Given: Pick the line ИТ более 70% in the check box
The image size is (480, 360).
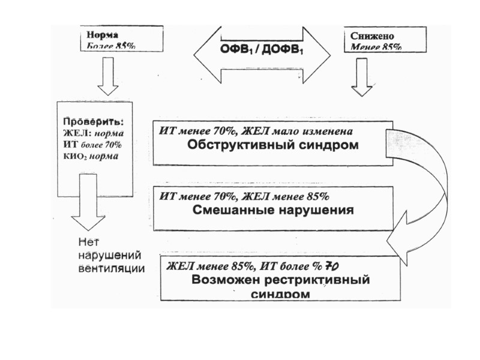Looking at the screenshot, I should pos(92,145).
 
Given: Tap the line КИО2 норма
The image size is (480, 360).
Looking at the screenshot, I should pos(91,156).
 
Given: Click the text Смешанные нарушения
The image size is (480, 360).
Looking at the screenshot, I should pos(274,211).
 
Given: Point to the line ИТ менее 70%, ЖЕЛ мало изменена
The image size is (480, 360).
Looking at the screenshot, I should pos(256,131).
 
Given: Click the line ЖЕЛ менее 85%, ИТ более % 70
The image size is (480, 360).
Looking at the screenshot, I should pos(256,266).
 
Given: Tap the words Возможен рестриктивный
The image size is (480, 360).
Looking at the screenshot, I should pos(281,280).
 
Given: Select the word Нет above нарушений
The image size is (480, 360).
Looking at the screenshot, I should pos(88,242).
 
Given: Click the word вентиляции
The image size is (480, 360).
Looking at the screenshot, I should pos(112,268).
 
